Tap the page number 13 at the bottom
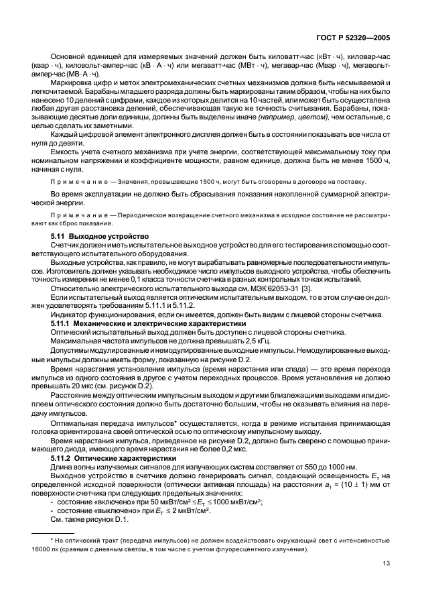click(384, 582)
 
